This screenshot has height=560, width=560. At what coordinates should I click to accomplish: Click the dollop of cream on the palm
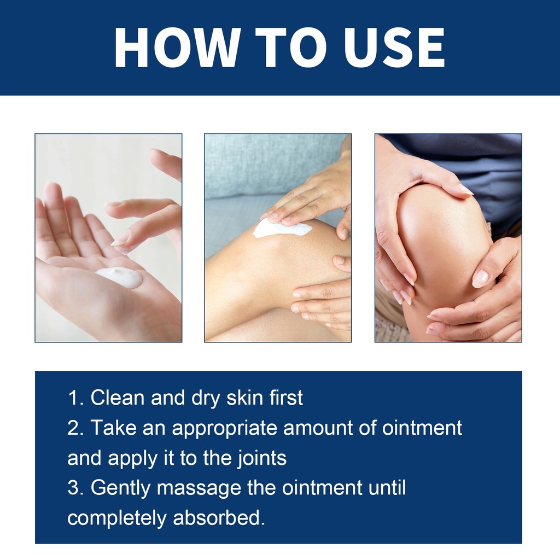point(119,277)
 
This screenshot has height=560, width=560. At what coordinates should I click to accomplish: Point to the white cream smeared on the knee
point(282,229)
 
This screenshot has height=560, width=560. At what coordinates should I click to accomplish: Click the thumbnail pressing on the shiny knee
point(480,278)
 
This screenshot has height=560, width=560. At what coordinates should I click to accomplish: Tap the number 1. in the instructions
point(75,398)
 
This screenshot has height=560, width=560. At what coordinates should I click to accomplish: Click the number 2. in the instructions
point(75,428)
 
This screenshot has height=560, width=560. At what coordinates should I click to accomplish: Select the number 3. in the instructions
point(75,487)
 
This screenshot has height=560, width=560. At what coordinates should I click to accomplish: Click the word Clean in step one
point(118,398)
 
